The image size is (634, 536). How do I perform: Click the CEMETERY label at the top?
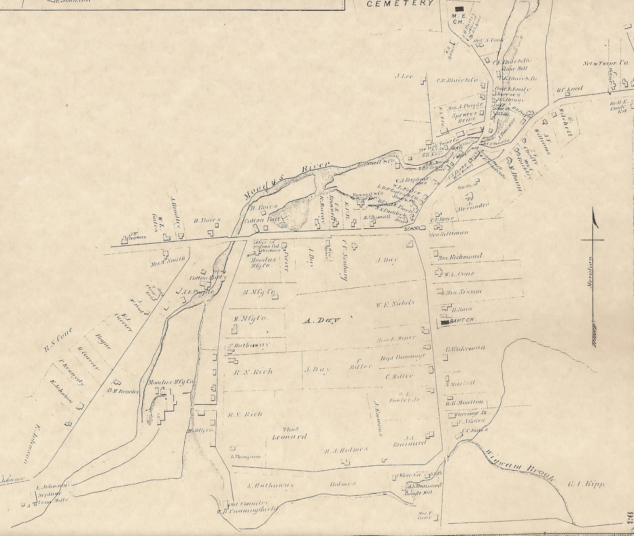pyautogui.click(x=400, y=4)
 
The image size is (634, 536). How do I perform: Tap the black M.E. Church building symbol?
pyautogui.click(x=459, y=8)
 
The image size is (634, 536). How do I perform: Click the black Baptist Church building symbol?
pyautogui.click(x=445, y=323)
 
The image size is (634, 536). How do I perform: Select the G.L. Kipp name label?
pyautogui.click(x=586, y=484)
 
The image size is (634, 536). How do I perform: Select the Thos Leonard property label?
pyautogui.click(x=290, y=433)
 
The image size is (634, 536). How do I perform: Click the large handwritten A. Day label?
pyautogui.click(x=322, y=320)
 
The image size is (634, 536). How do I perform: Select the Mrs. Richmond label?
pyautogui.click(x=460, y=257)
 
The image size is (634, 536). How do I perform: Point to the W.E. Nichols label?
pyautogui.click(x=395, y=304)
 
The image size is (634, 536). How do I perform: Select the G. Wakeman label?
pyautogui.click(x=465, y=348)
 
